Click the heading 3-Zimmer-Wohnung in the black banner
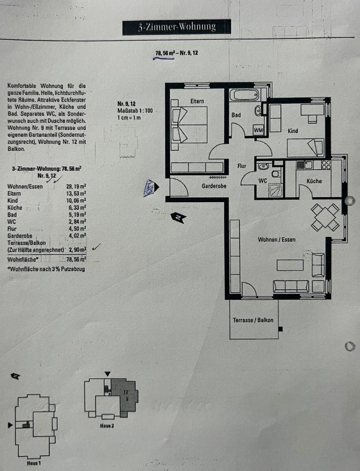(x=177, y=27)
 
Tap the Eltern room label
(x=197, y=101)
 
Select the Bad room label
(x=236, y=115)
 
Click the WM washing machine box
(x=258, y=130)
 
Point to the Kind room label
(x=293, y=131)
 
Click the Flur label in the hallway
(x=242, y=166)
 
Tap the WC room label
(x=262, y=181)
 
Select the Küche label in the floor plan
(x=314, y=181)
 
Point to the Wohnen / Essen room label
(x=277, y=239)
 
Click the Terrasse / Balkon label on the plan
(x=253, y=320)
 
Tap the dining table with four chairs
(x=325, y=217)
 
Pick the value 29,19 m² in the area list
(x=76, y=186)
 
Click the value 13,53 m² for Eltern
(x=76, y=193)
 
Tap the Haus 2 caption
(x=107, y=425)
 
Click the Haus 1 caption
(x=33, y=463)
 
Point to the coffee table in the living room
(x=289, y=265)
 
